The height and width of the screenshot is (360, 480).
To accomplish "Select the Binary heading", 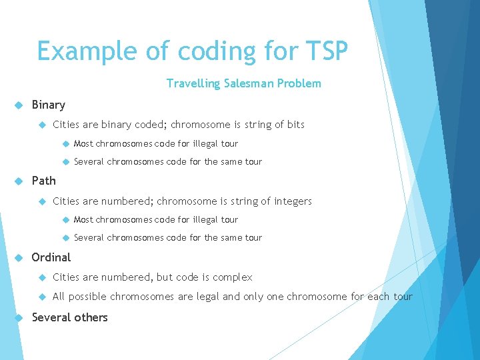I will [49, 105].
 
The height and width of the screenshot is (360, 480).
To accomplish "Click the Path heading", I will [44, 181].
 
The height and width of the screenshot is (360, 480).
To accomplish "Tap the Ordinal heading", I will [51, 257].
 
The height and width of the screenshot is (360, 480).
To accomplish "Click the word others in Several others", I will [92, 317].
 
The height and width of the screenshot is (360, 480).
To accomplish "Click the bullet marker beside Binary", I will [19, 105].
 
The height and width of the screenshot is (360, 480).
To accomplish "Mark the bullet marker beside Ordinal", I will [19, 257].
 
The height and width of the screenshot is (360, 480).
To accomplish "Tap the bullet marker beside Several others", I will [19, 317].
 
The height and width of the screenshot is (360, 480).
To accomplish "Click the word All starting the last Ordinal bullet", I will [59, 297].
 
